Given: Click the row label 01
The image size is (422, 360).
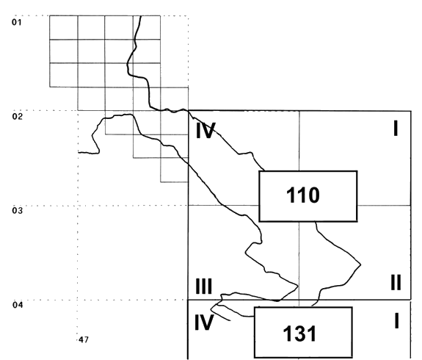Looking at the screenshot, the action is (x=16, y=22).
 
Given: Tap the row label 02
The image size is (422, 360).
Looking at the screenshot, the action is (x=18, y=117).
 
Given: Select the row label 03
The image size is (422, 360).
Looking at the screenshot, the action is (x=18, y=210).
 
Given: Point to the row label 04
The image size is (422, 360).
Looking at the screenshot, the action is (x=18, y=305).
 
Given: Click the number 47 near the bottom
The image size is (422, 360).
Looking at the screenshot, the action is (x=84, y=340).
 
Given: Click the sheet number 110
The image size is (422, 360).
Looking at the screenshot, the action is (x=303, y=195).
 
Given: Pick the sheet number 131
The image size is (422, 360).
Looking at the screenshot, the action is (x=299, y=334).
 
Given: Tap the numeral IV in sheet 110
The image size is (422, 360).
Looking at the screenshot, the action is (x=205, y=131).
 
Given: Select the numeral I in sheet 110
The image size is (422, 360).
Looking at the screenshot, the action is (x=396, y=129).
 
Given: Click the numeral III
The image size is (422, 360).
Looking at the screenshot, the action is (x=204, y=287).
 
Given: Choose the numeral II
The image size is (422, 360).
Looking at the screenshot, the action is (x=396, y=283).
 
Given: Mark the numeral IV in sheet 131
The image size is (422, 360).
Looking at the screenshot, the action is (x=204, y=323).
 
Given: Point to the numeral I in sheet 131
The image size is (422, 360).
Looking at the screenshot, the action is (x=396, y=321).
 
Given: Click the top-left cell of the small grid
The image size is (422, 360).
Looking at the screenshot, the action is (x=64, y=27).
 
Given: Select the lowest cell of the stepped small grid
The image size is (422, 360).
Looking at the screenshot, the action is (x=175, y=170).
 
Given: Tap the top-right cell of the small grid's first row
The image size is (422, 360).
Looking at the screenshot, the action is (x=147, y=27).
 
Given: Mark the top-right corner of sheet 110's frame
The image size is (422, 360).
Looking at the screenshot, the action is (x=411, y=111).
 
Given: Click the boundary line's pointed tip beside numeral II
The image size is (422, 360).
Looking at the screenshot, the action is (x=360, y=265).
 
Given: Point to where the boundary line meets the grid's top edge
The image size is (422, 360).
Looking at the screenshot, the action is (x=141, y=15).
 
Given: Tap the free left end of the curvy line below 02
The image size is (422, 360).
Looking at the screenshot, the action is (x=79, y=153).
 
